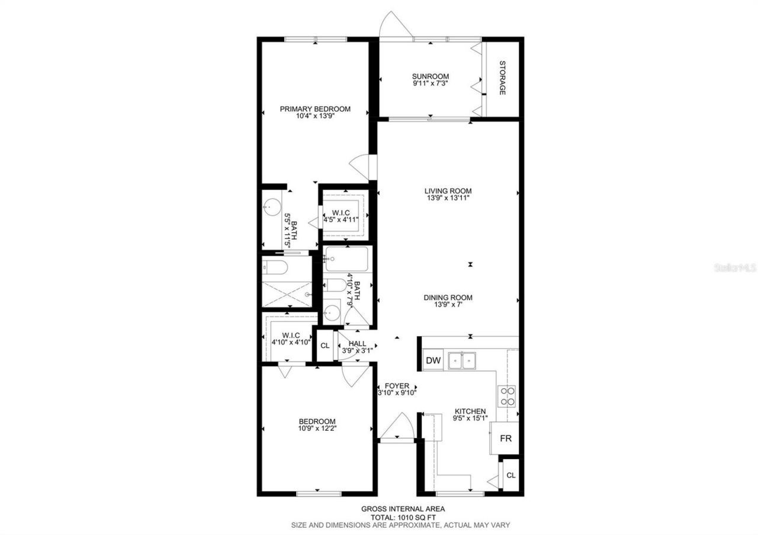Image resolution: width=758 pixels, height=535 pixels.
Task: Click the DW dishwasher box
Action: [x=433, y=360]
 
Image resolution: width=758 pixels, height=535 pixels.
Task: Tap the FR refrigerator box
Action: [x=505, y=439]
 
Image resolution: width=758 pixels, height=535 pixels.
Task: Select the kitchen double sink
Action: [x=462, y=359]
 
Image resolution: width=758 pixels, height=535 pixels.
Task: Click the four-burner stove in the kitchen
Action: [x=508, y=395]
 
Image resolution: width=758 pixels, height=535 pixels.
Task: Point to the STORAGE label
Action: [x=502, y=78]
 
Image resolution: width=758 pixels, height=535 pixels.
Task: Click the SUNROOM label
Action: [x=431, y=76]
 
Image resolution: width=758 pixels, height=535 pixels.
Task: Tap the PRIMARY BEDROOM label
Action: [x=315, y=109]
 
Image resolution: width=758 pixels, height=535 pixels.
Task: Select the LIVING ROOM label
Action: [x=448, y=191]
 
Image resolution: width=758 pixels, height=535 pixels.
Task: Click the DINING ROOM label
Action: [x=448, y=298]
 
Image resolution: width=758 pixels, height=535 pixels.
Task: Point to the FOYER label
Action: [x=397, y=386]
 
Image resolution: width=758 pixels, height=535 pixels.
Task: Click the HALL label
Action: [x=357, y=343]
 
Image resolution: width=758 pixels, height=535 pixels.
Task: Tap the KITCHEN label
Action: [x=470, y=411]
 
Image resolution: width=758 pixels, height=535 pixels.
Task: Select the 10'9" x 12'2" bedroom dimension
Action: [x=317, y=428]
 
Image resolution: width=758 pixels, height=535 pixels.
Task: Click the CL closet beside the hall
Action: [x=325, y=346]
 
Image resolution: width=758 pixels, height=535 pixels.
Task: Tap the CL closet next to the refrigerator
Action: [x=511, y=475]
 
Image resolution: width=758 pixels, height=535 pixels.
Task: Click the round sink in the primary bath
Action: [x=272, y=207]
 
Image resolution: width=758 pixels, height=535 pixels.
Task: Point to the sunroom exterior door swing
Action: [x=392, y=24]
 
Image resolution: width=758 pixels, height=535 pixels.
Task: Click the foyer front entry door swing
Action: [x=397, y=427]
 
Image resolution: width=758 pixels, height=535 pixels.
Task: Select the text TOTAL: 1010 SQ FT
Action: [x=403, y=517]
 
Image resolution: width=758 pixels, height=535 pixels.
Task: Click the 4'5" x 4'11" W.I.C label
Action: [x=341, y=219]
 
